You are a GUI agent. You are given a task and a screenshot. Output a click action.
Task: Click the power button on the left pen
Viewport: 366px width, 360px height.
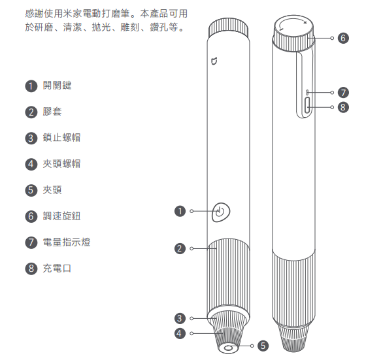pos(221,212)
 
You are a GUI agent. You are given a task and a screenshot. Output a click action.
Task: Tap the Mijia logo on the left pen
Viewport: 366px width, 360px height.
pos(214,61)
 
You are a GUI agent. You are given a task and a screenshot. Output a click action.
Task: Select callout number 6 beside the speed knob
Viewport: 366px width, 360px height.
pos(343,38)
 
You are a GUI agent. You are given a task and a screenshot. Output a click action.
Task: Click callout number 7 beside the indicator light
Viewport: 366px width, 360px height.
pos(343,93)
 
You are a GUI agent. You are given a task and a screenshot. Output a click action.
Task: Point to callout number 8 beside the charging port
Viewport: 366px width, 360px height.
pos(343,107)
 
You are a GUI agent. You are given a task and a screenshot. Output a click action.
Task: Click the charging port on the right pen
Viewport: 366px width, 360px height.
pos(307,105)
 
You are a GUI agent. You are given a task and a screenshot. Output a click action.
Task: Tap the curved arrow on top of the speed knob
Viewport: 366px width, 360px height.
pos(292,22)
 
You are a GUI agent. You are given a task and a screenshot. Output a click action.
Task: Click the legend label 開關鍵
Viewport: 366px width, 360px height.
pos(57,86)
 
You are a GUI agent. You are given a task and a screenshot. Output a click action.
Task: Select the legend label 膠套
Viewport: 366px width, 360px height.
pos(52,112)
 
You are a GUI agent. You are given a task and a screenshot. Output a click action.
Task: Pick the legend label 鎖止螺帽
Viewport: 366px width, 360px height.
pos(61,138)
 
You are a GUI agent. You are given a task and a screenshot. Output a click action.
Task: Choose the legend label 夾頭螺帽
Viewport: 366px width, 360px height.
pos(61,164)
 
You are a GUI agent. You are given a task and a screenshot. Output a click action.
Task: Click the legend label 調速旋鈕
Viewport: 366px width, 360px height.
pos(61,216)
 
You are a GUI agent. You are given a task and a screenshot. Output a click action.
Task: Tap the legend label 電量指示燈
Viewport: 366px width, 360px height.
pos(67,242)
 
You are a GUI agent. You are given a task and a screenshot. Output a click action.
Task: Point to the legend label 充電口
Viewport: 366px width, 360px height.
pos(57,269)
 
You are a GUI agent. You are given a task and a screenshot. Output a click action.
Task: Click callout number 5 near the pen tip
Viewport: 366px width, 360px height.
pos(263,346)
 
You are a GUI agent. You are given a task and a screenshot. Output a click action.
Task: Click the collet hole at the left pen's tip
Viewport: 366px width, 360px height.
pos(228,349)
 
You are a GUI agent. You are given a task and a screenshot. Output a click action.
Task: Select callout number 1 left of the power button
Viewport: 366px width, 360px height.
pos(180,211)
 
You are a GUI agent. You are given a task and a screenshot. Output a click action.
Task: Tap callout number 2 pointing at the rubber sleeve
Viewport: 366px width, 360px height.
pos(180,248)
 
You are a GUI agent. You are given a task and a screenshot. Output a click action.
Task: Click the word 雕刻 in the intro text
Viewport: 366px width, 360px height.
pos(130,27)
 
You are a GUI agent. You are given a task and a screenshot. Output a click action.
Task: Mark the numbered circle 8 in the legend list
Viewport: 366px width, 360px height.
pos(31,269)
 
